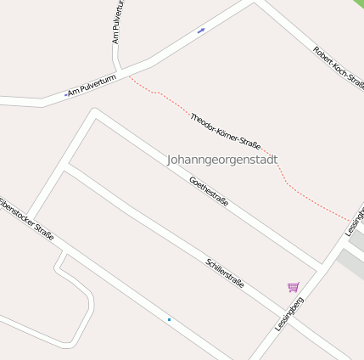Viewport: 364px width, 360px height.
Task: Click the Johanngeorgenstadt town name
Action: coord(222,160)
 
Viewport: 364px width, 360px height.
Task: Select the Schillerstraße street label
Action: coord(225,273)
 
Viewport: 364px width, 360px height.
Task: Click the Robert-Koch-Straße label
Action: coord(339,68)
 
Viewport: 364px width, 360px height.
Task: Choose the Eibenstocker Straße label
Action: coord(25,219)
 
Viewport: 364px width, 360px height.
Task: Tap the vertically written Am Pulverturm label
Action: coord(118,22)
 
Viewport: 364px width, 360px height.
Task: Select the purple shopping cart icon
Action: coord(294,288)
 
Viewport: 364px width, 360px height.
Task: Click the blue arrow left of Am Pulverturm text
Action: coord(65,94)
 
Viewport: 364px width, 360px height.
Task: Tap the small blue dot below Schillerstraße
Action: coord(169,319)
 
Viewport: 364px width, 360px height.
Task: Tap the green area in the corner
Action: coord(358,4)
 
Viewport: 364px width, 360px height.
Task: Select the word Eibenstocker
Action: coord(19,212)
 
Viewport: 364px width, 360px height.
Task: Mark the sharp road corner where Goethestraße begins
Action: coord(94,112)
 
